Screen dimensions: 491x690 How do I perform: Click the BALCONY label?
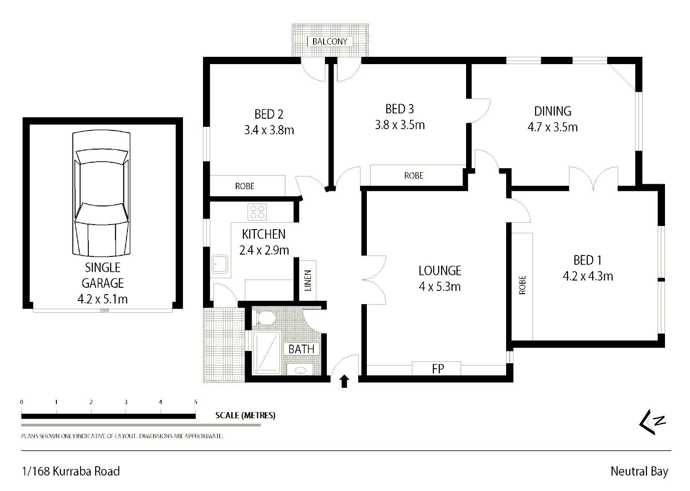tap(330, 41)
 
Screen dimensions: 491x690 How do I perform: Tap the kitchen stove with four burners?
tap(257, 212)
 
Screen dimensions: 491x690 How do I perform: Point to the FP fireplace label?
tap(437, 369)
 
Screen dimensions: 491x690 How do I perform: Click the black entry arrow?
tap(344, 381)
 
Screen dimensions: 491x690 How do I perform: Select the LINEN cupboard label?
tap(308, 281)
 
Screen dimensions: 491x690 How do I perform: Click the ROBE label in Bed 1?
tap(522, 285)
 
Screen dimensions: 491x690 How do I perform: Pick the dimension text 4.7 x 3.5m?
tap(552, 127)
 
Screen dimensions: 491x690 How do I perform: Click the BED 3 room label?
tap(399, 109)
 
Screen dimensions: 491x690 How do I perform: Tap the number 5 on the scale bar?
tap(196, 402)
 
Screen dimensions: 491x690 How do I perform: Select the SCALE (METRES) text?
tap(245, 415)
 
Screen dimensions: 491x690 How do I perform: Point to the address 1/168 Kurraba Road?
tap(71, 471)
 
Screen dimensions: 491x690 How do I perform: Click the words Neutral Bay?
tap(639, 471)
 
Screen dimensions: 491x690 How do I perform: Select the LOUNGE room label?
tap(440, 271)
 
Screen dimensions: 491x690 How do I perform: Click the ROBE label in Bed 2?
tap(244, 186)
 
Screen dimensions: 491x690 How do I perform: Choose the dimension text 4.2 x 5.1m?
tap(102, 299)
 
